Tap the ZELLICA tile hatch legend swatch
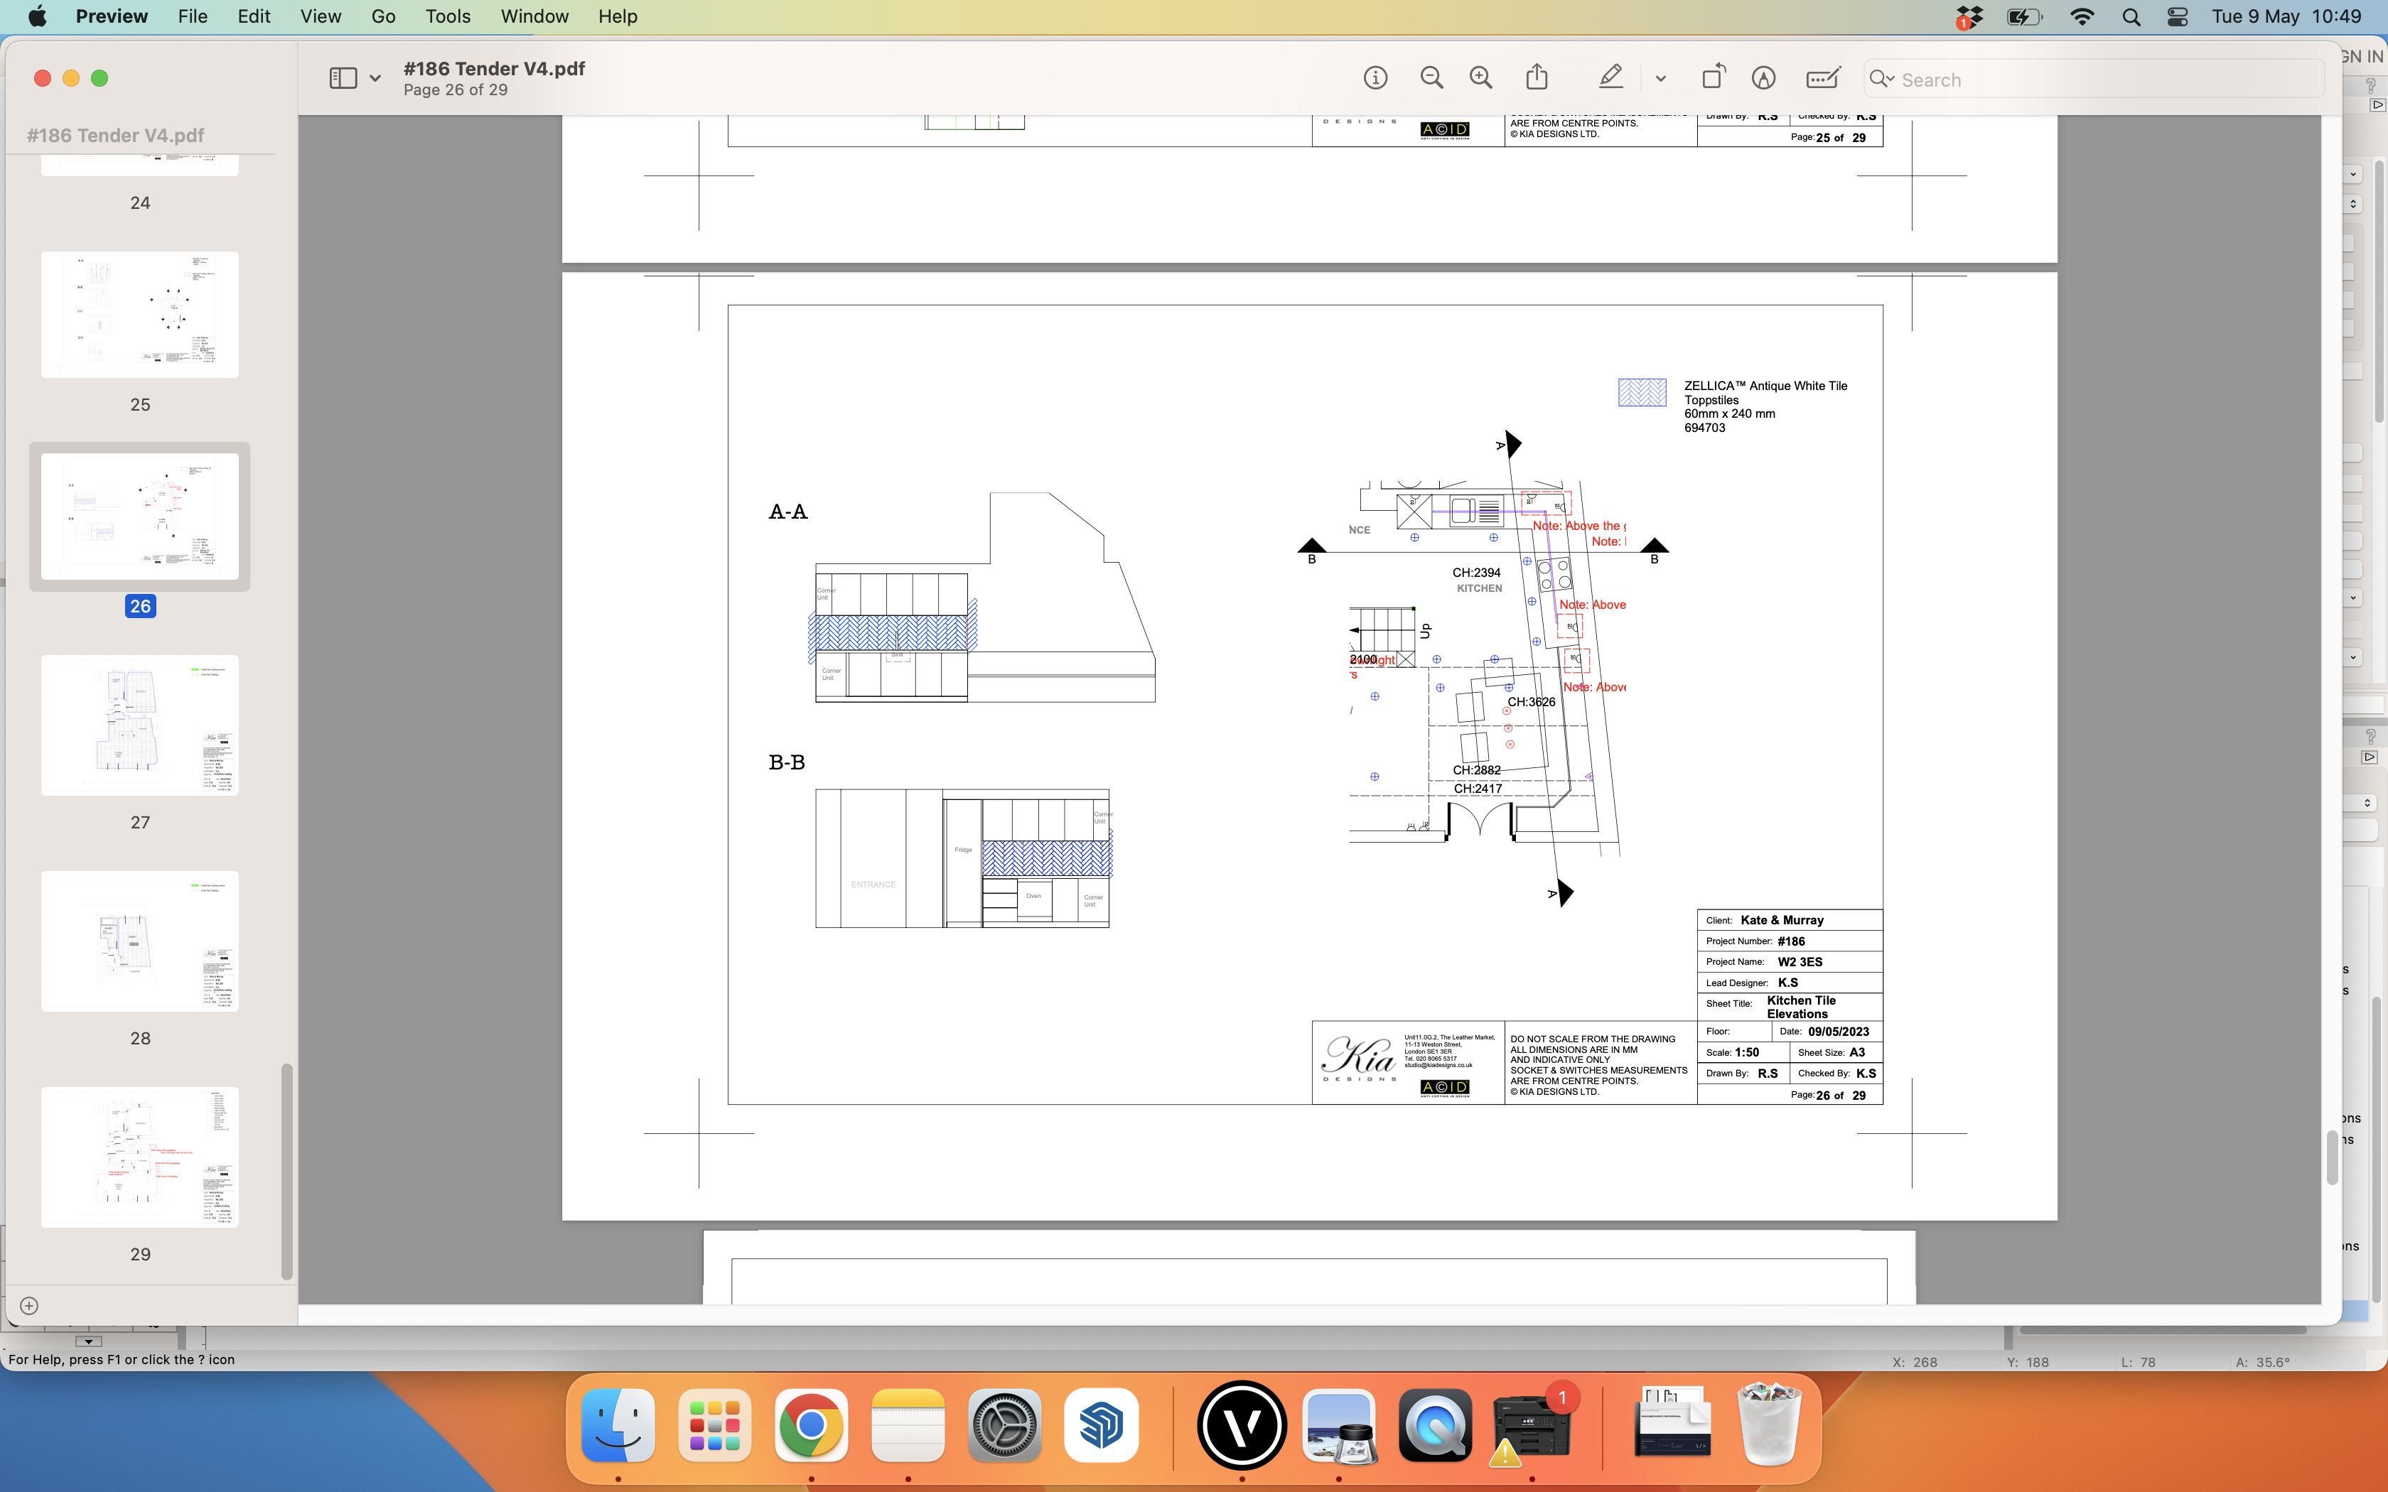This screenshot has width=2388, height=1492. point(1642,393)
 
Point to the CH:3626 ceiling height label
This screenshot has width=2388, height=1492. point(1530,703)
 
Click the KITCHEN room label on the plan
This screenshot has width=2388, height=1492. point(1479,589)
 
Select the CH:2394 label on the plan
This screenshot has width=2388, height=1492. point(1476,573)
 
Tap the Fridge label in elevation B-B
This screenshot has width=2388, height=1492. point(963,850)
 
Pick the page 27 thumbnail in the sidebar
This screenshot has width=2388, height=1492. point(140,725)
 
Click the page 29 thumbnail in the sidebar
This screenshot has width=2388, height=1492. point(140,1157)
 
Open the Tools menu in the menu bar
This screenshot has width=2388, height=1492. point(447,17)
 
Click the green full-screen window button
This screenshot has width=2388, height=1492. point(99,79)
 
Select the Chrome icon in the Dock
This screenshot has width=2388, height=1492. point(810,1426)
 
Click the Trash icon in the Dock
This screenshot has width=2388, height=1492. point(1768,1426)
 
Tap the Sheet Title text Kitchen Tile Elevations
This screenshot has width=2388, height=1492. point(1800,1007)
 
